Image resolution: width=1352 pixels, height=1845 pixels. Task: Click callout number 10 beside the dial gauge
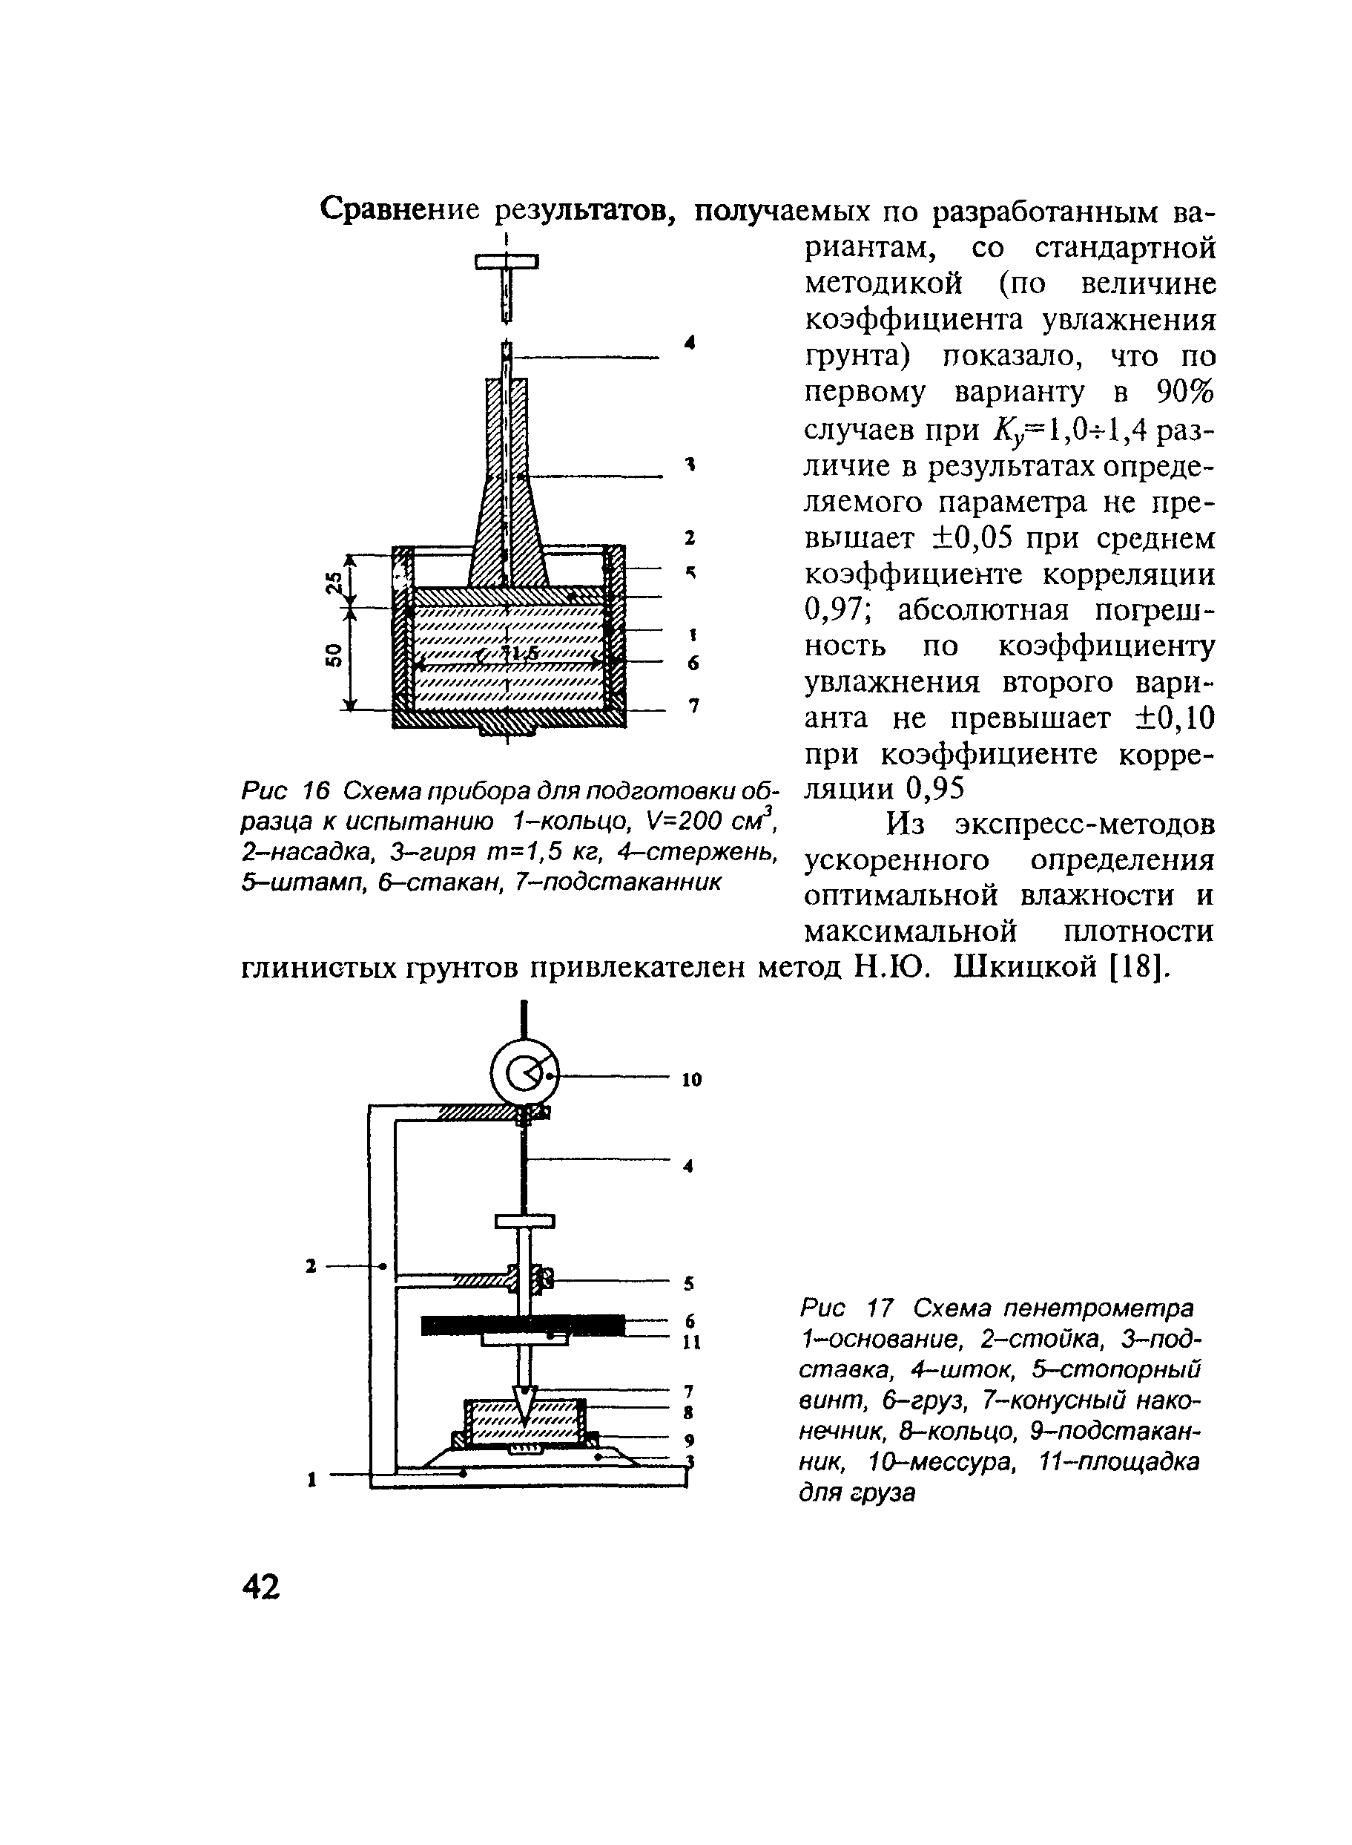coord(691,1080)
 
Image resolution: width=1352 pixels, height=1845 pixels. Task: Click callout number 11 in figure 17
coord(691,1343)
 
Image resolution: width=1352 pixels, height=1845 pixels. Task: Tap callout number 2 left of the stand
coord(310,1266)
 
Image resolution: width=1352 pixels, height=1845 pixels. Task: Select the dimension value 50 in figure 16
coord(332,655)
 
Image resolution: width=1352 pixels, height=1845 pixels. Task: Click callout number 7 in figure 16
coord(693,705)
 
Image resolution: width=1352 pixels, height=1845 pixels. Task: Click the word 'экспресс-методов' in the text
coord(1084,824)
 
